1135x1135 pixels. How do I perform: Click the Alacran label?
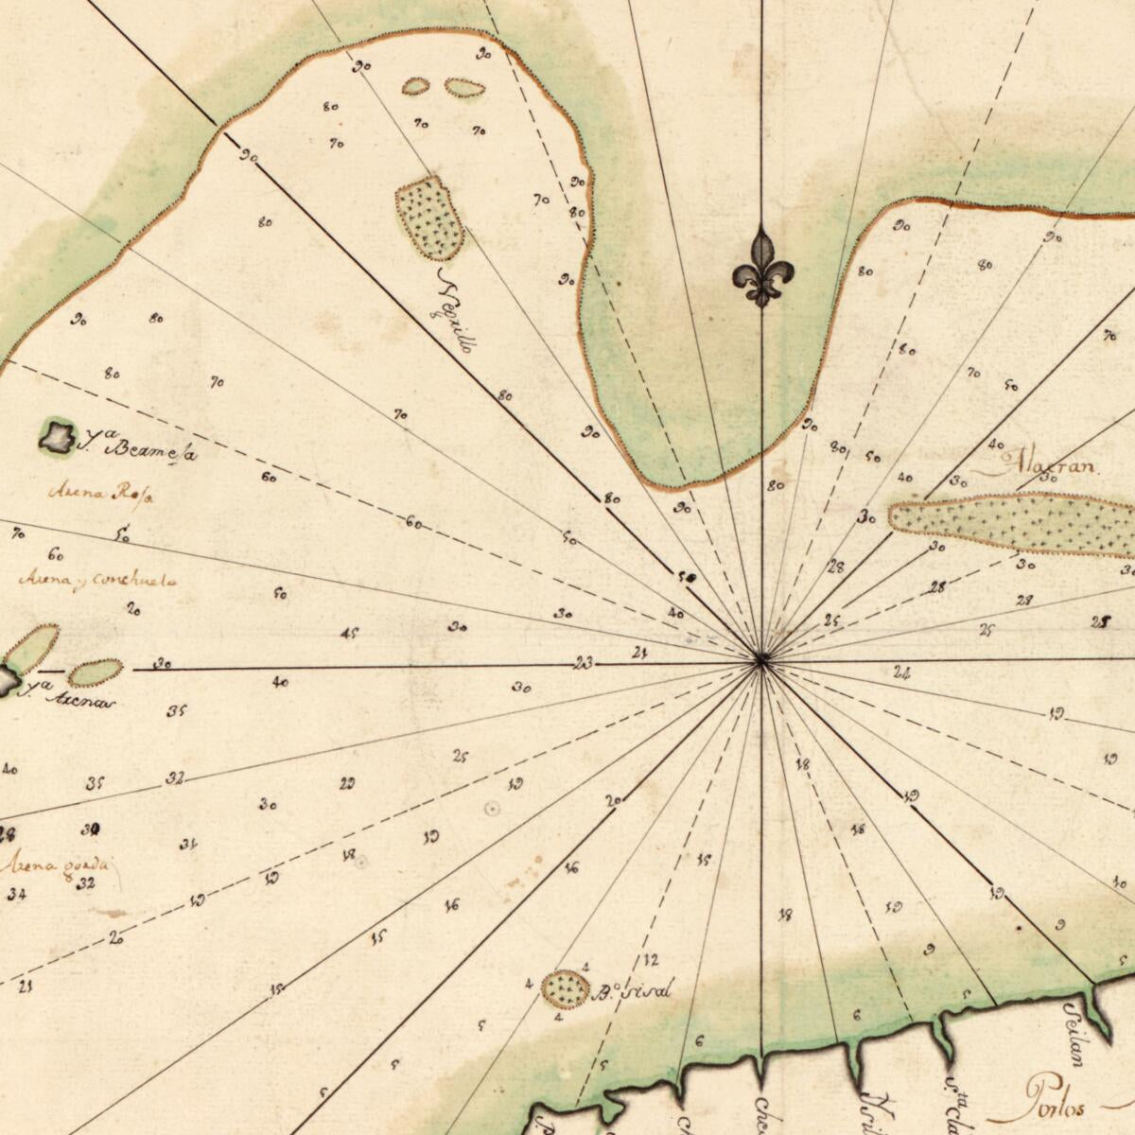pos(1044,466)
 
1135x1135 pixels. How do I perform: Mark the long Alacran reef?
pos(1012,523)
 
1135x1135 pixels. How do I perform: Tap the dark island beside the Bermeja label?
pos(58,436)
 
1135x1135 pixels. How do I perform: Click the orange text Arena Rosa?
pos(100,492)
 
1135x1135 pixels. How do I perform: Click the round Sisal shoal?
pos(565,988)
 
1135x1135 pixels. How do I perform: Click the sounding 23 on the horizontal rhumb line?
pos(584,664)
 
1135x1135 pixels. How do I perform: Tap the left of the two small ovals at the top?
pos(415,87)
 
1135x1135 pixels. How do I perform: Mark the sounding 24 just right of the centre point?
pos(900,673)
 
